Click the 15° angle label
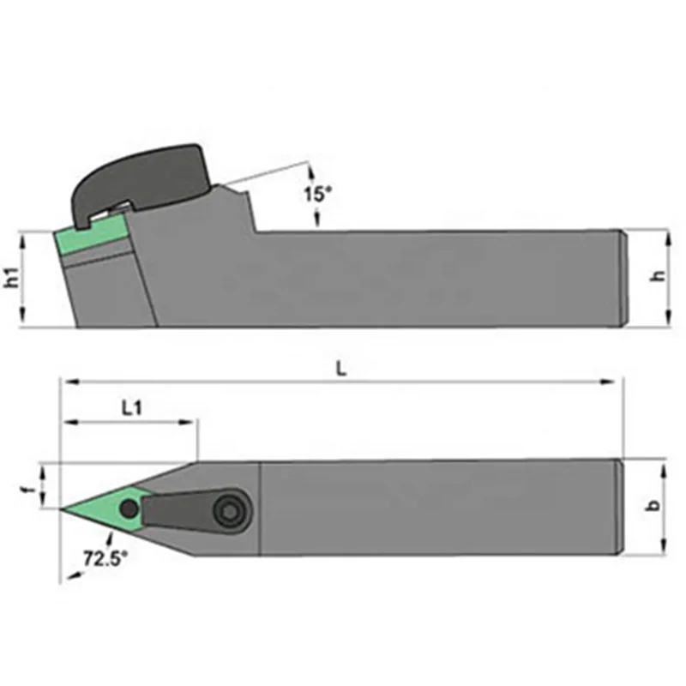pos(318,194)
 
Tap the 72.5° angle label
pos(105,558)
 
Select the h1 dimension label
pos(12,278)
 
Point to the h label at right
pos(658,276)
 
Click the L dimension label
pos(340,370)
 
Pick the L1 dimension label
pos(131,409)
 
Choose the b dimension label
pos(653,506)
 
